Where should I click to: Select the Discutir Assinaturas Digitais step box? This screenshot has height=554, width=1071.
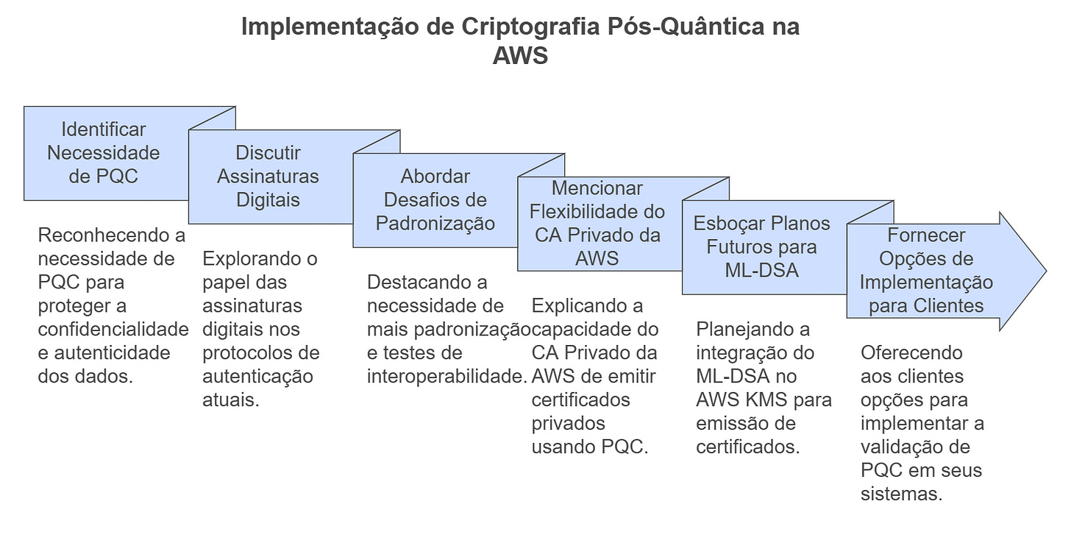point(268,177)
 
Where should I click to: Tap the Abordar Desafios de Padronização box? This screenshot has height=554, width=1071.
point(435,199)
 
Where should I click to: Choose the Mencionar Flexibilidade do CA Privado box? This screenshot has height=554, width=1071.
point(597,224)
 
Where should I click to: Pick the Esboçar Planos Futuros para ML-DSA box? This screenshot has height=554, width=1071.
point(762,246)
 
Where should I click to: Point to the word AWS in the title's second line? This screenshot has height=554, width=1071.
point(520,55)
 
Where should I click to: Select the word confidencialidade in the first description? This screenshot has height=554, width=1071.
point(113,329)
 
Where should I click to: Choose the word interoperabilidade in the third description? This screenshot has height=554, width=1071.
point(446,376)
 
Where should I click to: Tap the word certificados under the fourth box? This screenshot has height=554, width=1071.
point(581,399)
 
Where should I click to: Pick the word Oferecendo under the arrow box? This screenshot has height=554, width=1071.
point(911,352)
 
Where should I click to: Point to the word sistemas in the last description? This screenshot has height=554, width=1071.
point(901,494)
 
